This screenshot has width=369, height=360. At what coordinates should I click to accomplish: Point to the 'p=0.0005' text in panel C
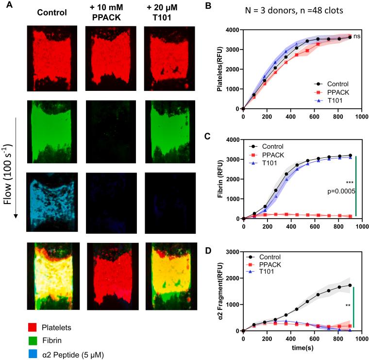pyautogui.click(x=343, y=191)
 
